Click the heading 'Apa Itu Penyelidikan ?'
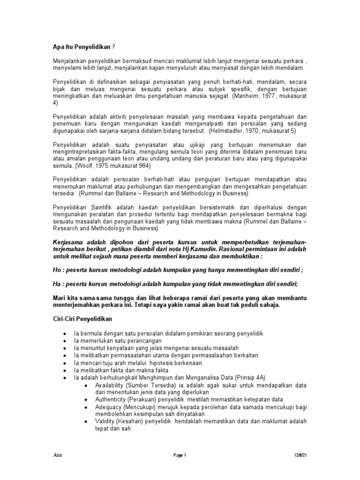[83, 47]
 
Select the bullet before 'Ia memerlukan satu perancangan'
[65, 340]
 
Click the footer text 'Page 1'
[180, 461]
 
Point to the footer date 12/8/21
[300, 461]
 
